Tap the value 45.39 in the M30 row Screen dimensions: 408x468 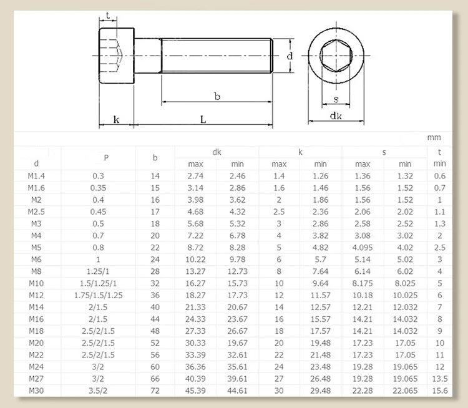pyautogui.click(x=196, y=391)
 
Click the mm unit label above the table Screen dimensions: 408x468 pyautogui.click(x=434, y=137)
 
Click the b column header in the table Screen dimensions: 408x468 pyautogui.click(x=155, y=158)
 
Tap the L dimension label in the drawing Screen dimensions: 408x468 pyautogui.click(x=203, y=119)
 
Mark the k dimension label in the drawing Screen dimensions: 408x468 pyautogui.click(x=116, y=119)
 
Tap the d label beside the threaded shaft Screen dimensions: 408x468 pyautogui.click(x=290, y=56)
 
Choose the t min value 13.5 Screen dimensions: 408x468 pyautogui.click(x=440, y=379)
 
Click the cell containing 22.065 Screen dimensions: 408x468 pyautogui.click(x=405, y=391)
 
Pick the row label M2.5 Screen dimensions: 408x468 pyautogui.click(x=36, y=211)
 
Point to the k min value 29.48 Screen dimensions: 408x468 pyautogui.click(x=321, y=391)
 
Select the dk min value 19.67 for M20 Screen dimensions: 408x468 pyautogui.click(x=238, y=342)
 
